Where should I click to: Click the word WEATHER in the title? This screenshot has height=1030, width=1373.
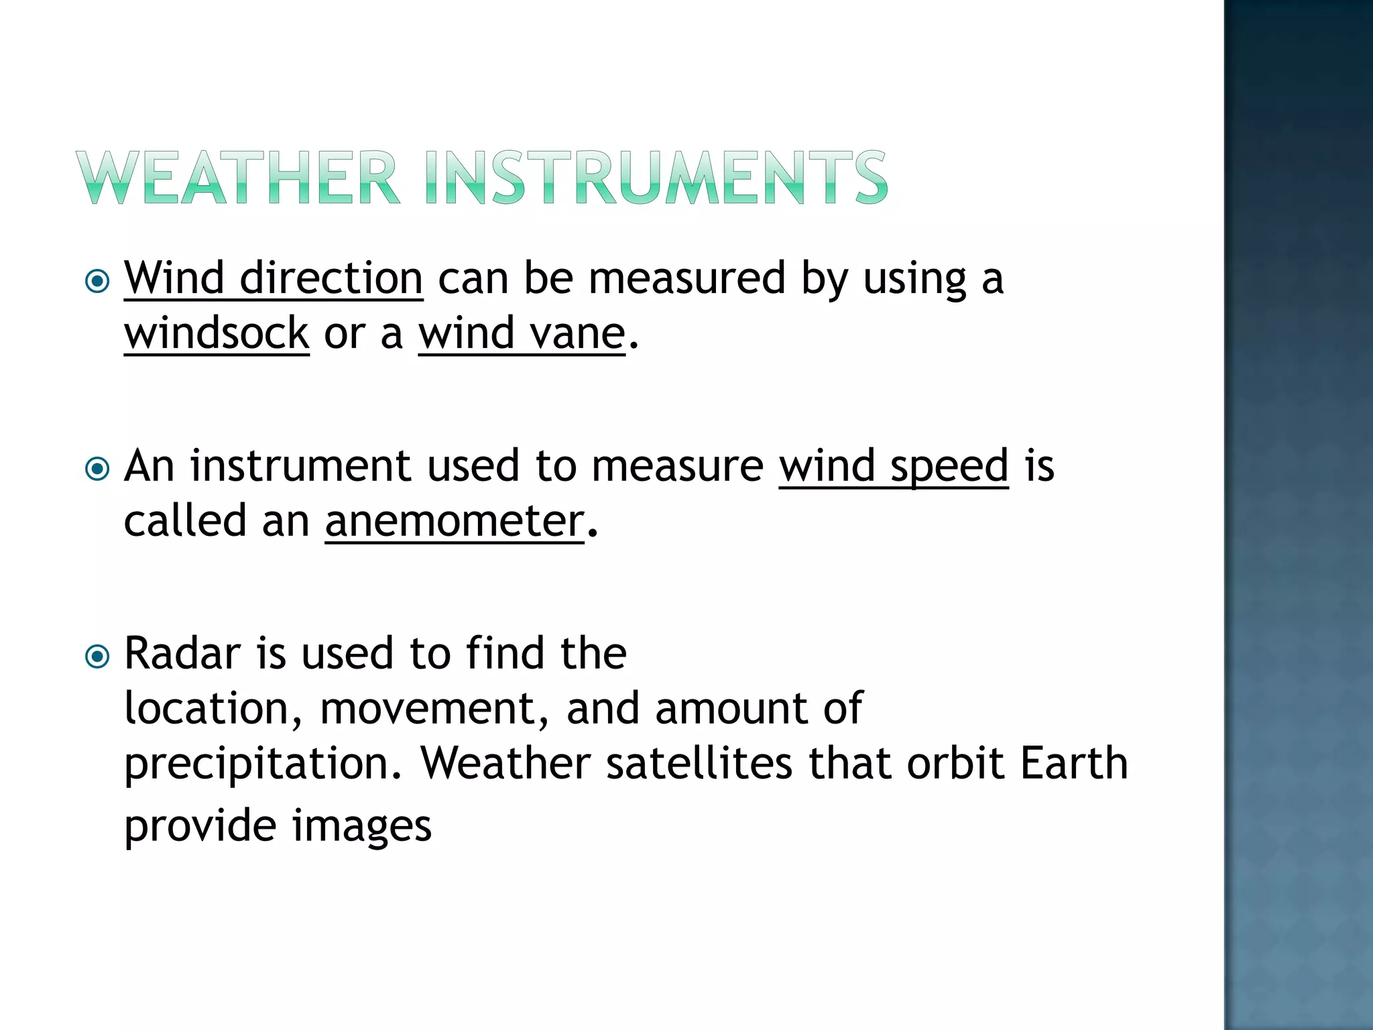point(238,178)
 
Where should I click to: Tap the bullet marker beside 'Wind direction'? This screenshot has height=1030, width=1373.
point(98,281)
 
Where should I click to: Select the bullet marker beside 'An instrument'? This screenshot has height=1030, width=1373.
point(98,469)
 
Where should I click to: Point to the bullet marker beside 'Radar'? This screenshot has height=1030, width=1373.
point(98,656)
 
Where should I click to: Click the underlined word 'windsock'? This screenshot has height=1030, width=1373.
point(217,333)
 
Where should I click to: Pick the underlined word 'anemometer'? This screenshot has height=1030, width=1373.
point(455,521)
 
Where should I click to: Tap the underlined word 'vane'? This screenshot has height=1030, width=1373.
point(577,333)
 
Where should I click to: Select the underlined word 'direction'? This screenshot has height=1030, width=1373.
point(331,278)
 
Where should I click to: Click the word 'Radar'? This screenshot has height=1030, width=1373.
point(182,653)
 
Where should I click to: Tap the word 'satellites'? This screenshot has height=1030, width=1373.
point(699,763)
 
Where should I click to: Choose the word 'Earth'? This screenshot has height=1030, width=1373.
point(1074,763)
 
